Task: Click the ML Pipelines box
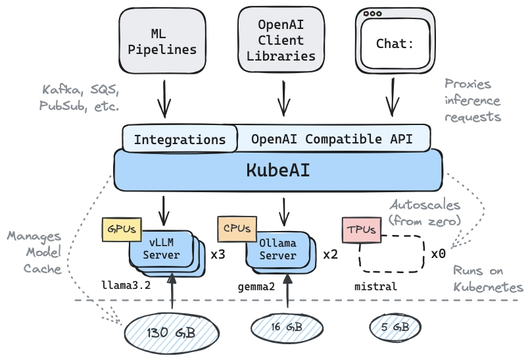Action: pos(162,41)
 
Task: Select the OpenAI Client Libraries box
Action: pos(281,41)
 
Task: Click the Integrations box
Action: pos(180,140)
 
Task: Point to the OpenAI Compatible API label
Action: pos(331,139)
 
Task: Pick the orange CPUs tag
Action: pos(236,229)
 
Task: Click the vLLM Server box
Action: pos(161,249)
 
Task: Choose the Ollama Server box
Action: pos(277,249)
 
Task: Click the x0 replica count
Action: pos(439,253)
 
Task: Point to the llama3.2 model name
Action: pos(126,286)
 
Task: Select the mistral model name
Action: pos(375,286)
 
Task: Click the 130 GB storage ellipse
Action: pos(170,331)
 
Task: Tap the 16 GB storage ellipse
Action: pos(287,326)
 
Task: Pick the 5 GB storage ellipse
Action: pos(395,326)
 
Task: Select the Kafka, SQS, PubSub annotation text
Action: pos(80,97)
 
